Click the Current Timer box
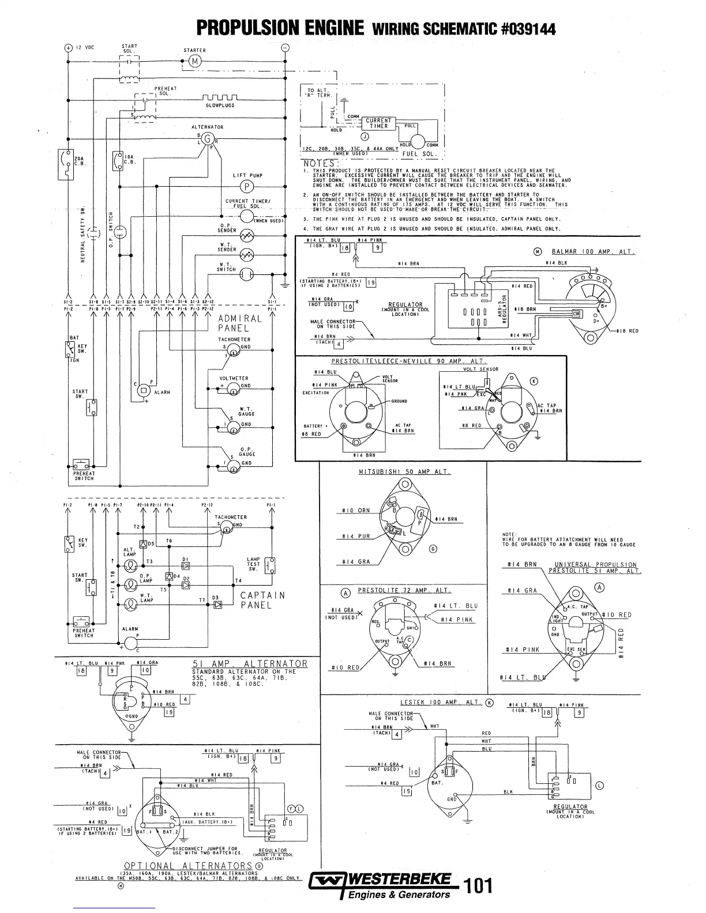tap(378, 123)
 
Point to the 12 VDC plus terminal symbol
tap(68, 48)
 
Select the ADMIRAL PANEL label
tap(240, 323)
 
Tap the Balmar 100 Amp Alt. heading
tap(585, 251)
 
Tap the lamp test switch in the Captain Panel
tap(269, 565)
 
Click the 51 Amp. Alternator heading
tap(250, 663)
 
